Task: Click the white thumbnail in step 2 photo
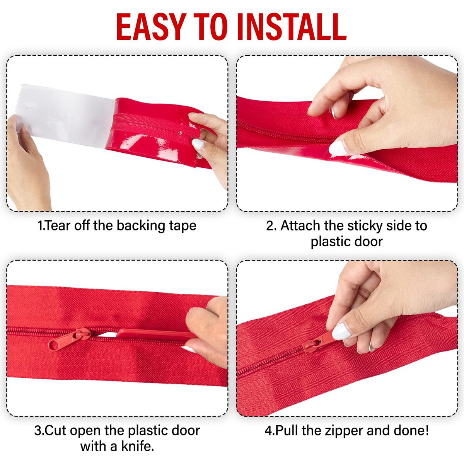point(338,148)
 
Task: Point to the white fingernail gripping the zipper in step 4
point(341,331)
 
